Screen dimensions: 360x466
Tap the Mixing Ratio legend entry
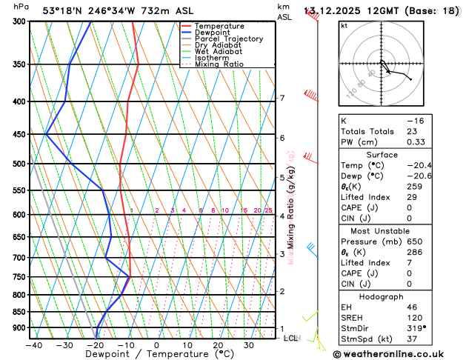219,64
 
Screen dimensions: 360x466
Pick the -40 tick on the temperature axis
33,344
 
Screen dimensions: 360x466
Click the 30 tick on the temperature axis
249,344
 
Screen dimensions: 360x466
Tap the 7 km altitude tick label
282,99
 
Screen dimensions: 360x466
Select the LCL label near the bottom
291,338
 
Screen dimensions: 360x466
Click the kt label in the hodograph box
344,25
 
